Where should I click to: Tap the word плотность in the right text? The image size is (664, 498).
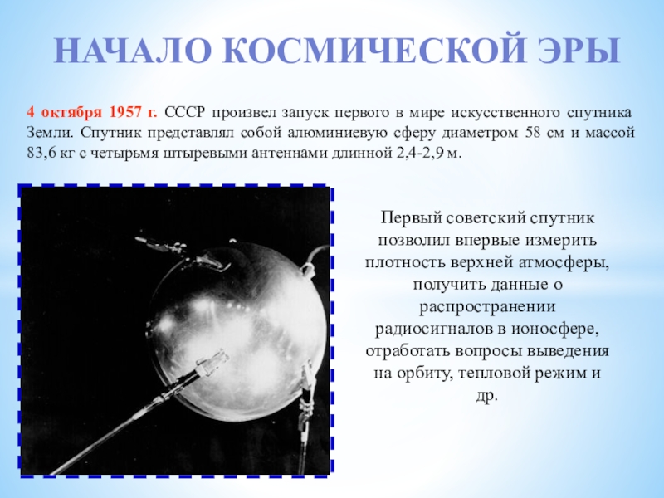pyautogui.click(x=407, y=263)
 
